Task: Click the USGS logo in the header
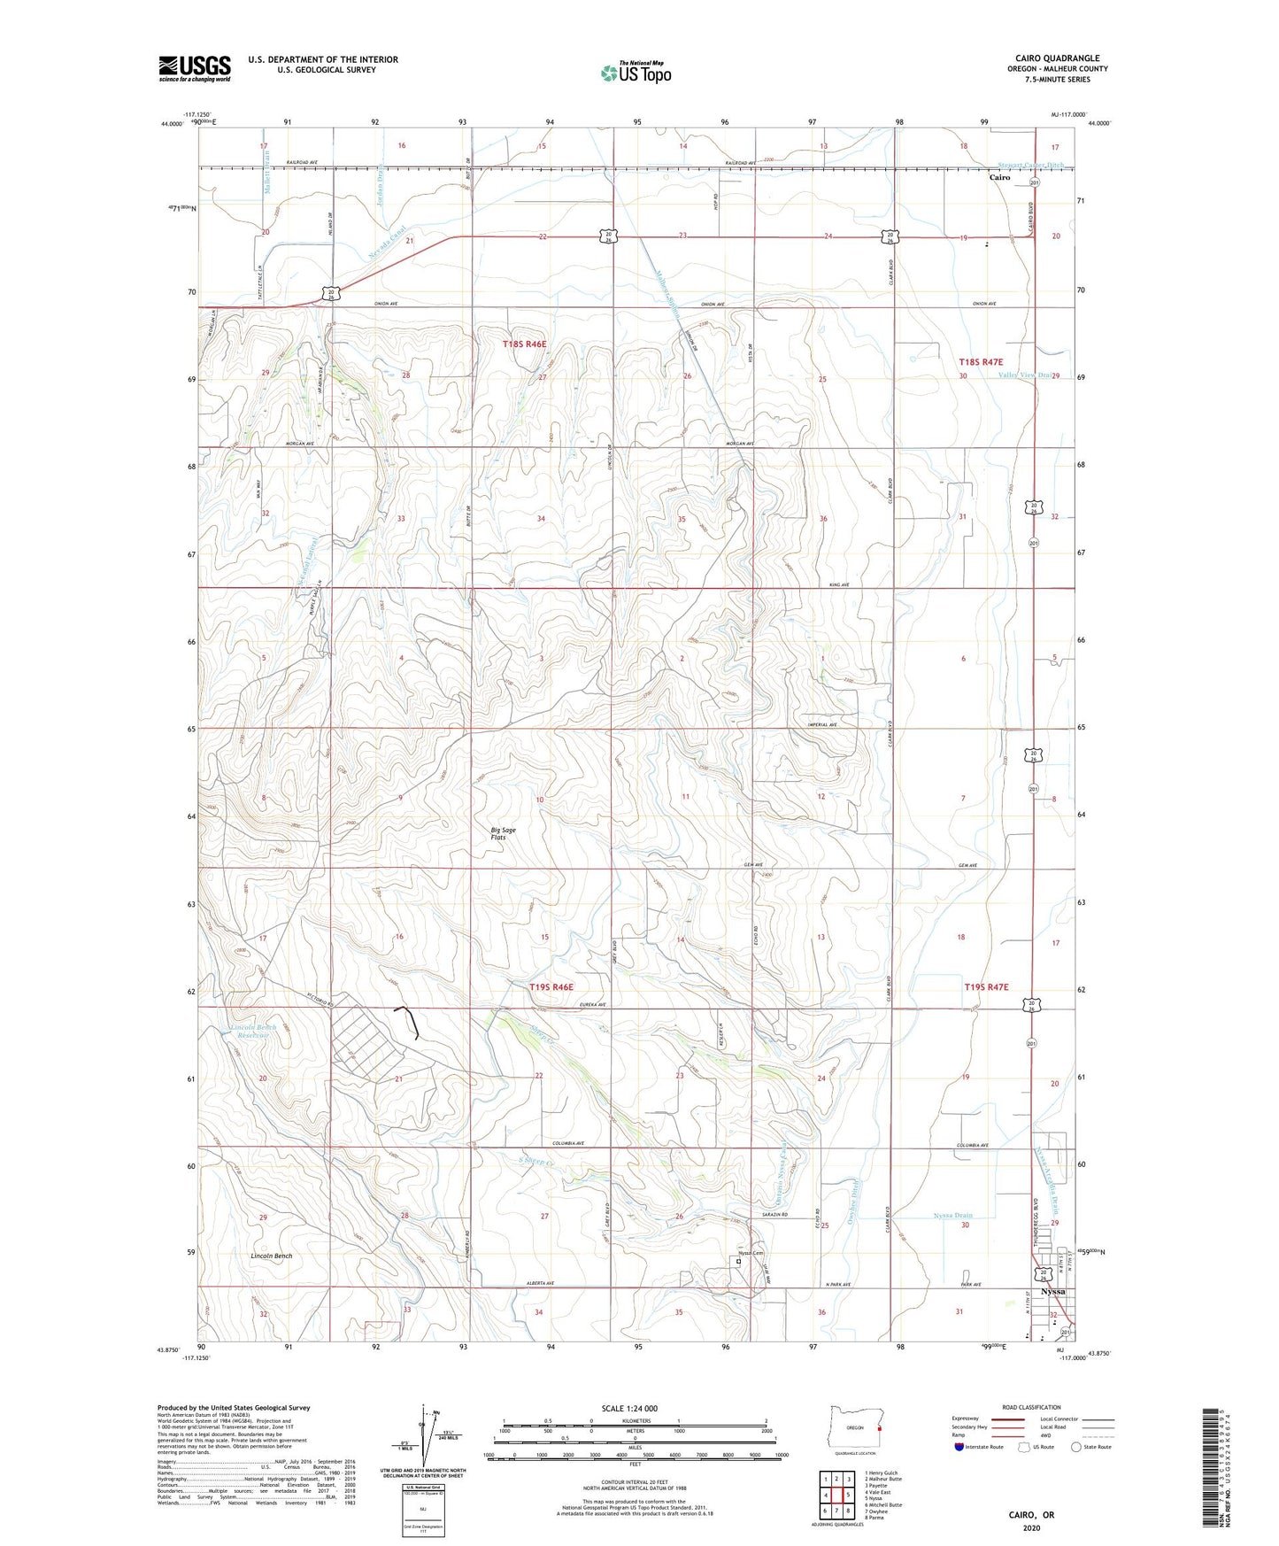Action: coord(195,68)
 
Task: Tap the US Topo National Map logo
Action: coord(636,73)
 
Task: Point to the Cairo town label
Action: coord(999,177)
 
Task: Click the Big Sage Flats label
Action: coord(504,833)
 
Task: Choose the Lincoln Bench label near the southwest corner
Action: coord(271,1256)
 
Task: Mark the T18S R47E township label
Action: coord(982,362)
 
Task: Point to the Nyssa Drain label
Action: coord(952,1216)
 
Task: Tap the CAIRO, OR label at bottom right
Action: coord(1031,1515)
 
